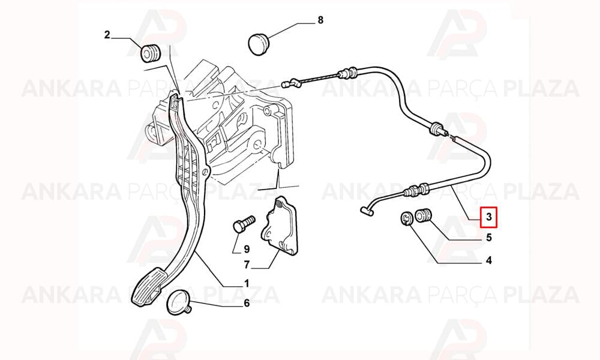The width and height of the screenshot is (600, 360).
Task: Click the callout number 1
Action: [247, 283]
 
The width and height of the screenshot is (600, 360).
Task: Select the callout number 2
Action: [107, 35]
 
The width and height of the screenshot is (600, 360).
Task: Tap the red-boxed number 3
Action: [488, 217]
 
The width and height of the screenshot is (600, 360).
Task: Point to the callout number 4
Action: [488, 261]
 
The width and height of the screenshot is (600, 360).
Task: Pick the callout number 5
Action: [488, 238]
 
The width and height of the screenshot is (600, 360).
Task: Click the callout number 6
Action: [247, 303]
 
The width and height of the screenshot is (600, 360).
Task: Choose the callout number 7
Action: [247, 265]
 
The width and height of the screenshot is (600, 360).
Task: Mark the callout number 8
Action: [320, 20]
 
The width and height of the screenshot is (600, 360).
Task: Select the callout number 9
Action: [247, 249]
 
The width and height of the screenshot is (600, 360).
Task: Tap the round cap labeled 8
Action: [259, 44]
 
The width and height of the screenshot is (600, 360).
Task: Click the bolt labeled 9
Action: [244, 223]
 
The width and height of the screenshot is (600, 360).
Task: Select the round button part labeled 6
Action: [179, 302]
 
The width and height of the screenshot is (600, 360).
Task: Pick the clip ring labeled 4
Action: [406, 218]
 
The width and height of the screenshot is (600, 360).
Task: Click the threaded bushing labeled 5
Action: [422, 215]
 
